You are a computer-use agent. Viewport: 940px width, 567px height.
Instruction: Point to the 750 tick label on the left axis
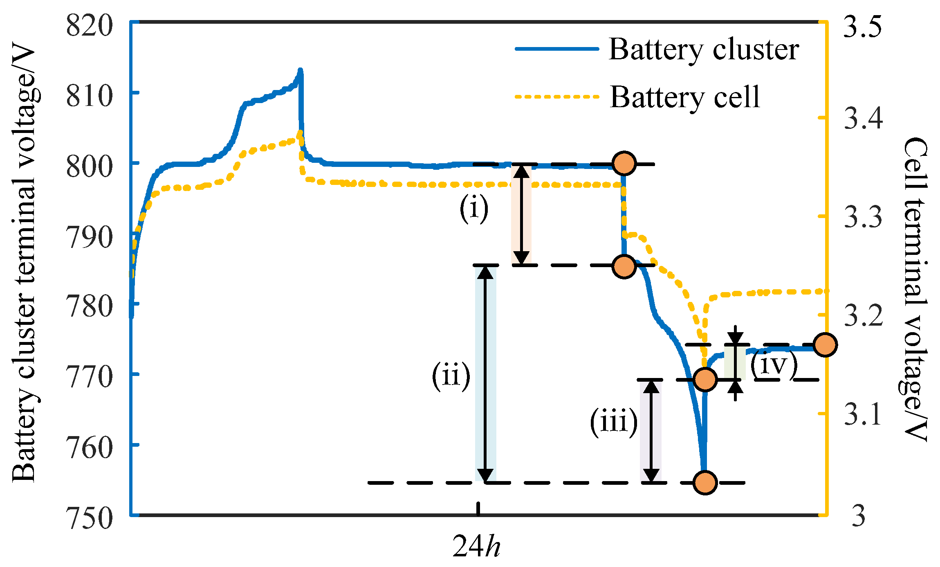[89, 518]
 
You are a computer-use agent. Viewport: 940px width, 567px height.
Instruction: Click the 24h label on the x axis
[477, 546]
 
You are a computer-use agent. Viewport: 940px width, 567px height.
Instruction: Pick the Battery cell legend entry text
[685, 97]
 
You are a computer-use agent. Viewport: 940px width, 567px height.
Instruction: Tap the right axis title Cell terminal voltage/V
[915, 288]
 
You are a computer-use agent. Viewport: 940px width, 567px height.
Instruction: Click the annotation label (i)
[474, 209]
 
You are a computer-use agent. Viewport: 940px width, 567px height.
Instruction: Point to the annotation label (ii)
[451, 376]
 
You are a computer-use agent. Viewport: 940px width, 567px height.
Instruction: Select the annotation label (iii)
[613, 421]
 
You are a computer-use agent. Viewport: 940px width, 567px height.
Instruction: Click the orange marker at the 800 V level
[624, 164]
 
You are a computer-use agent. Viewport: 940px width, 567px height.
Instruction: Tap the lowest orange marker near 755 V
[705, 483]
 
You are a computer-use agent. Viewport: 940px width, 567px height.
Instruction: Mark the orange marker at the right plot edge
[825, 345]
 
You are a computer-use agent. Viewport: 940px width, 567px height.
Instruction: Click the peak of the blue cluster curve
[301, 71]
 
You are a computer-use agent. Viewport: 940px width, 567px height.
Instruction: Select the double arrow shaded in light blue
[486, 374]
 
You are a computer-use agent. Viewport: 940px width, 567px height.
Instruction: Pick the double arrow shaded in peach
[521, 215]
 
